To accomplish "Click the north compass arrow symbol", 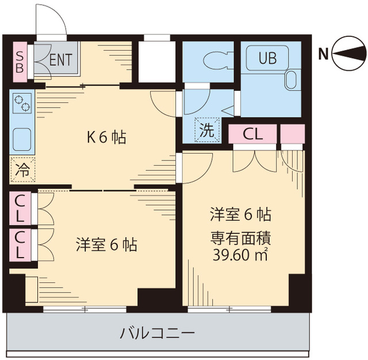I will coord(346,55).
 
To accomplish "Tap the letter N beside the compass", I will coord(324,55).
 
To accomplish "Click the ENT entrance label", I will coord(60,59).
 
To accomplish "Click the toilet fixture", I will coord(210,60).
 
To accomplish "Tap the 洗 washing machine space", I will coord(206,130).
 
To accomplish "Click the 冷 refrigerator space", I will coord(22,170).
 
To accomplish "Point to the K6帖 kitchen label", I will coord(106,137).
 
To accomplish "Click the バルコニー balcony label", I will coord(158,333).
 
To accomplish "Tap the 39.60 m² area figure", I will coord(240,254).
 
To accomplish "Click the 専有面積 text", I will coord(240,235).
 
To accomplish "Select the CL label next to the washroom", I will coord(253,133).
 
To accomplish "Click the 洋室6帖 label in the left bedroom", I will coord(106,245).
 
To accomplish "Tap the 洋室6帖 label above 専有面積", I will coord(240,215).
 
